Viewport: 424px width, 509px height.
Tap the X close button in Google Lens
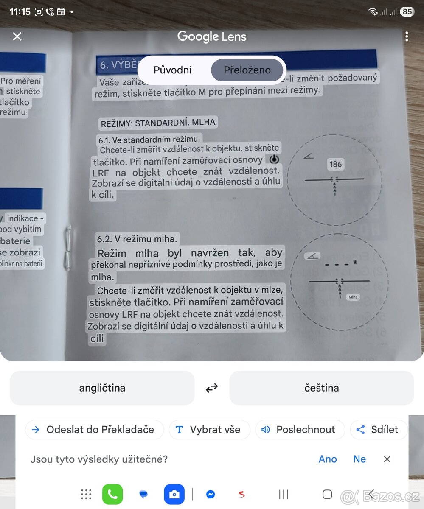17,36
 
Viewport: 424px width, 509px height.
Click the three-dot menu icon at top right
407,36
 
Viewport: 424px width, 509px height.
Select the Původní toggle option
172,70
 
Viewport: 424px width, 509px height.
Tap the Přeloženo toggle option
247,70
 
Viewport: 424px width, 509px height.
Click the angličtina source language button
102,388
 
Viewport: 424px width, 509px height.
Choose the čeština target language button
321,388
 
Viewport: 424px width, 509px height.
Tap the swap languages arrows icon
212,388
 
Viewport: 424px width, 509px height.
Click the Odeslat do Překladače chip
94,430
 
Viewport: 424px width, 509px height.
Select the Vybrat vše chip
209,430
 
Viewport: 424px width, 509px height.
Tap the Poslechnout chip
300,430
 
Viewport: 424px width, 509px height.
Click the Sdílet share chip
378,430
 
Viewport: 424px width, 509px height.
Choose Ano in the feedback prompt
328,459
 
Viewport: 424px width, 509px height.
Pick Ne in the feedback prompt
359,459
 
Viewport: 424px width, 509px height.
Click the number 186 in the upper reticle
335,165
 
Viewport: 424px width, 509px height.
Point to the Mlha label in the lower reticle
353,297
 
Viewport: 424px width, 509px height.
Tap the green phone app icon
112,494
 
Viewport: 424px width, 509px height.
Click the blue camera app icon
174,494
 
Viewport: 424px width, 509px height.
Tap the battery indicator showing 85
407,12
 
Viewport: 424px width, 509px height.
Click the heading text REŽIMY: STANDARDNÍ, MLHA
158,123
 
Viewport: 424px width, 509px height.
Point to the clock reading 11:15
20,12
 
